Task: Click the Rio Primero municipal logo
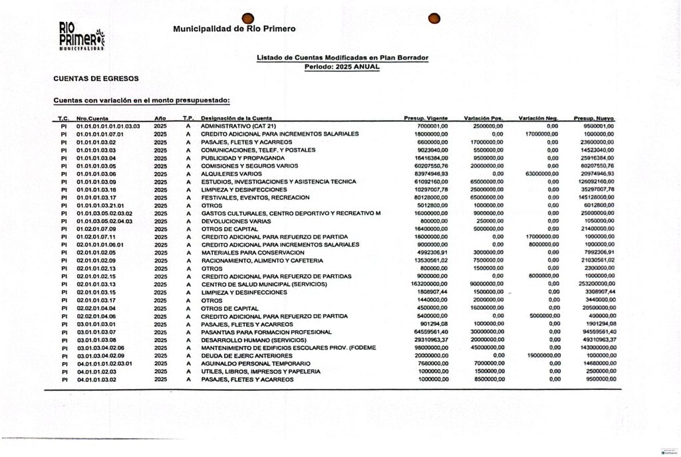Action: click(82, 37)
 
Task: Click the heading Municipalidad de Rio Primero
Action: click(234, 29)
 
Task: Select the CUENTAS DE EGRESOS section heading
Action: click(96, 78)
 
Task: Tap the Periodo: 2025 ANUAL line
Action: click(342, 67)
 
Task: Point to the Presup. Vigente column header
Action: click(426, 118)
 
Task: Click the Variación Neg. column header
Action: click(538, 118)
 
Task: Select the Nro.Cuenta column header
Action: click(92, 118)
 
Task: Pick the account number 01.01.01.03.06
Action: click(96, 173)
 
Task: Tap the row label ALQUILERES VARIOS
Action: click(231, 173)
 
